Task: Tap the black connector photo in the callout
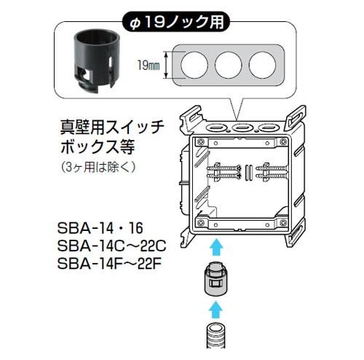click(97, 60)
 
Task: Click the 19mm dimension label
click(149, 65)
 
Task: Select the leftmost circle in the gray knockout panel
click(194, 65)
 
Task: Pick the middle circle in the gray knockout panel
click(228, 65)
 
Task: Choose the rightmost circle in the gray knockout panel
click(262, 65)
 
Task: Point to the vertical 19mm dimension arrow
click(166, 65)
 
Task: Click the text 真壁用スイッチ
click(112, 128)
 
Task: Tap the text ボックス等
click(98, 147)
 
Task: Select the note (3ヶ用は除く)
click(98, 167)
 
